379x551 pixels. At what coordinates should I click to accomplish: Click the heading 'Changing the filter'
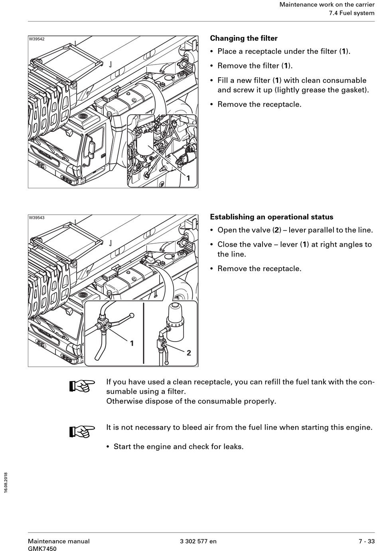coord(243,39)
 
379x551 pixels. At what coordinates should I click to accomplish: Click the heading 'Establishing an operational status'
coord(271,217)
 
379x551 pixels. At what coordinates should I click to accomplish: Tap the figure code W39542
coord(37,39)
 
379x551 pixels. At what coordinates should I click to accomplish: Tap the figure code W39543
coord(37,218)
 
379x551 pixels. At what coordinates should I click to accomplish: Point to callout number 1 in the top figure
coord(188,178)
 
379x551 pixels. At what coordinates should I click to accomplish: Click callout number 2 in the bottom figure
coord(189,353)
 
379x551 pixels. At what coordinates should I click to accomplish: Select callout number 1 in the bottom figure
coord(132,343)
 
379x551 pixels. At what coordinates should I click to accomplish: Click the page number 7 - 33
coord(366,541)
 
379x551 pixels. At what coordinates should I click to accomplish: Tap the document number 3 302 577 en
coord(198,541)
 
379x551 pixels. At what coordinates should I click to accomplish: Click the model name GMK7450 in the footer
coord(42,549)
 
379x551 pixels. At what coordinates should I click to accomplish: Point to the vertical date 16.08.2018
coord(6,483)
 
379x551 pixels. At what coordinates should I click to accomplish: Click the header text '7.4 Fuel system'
coord(351,13)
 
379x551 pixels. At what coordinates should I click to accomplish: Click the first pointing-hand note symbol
coord(82,386)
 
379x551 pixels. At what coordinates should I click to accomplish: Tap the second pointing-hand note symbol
coord(82,431)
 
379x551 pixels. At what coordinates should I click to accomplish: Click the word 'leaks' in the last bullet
coord(233,447)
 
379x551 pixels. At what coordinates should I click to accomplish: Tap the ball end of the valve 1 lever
coord(132,316)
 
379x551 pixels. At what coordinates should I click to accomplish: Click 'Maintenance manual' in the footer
coord(59,541)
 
